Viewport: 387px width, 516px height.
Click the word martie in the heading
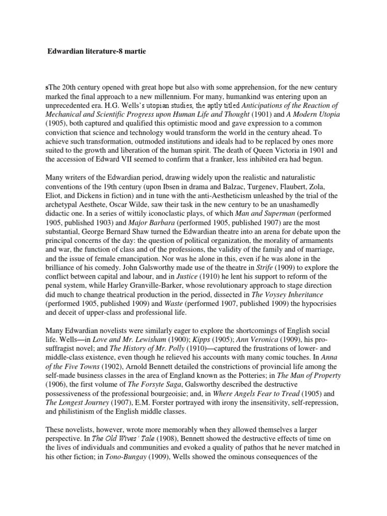135,51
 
